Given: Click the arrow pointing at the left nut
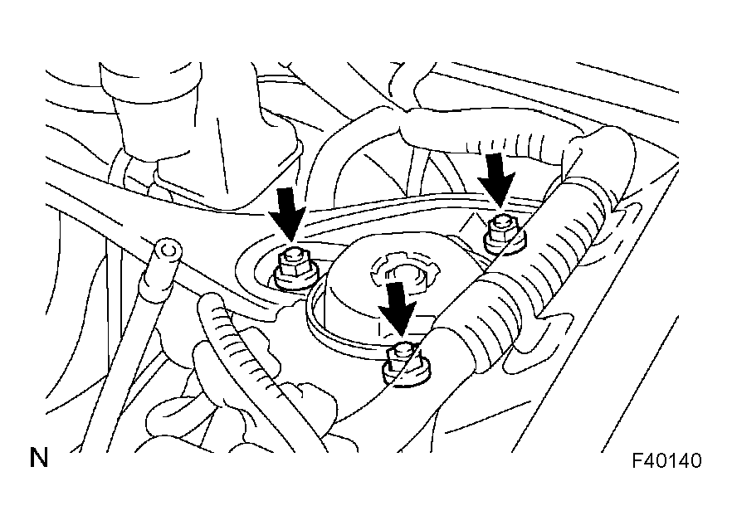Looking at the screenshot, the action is [287, 215].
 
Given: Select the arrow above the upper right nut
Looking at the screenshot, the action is [498, 179].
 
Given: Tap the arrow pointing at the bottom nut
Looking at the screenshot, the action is [397, 309].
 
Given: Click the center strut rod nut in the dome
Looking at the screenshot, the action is [404, 275].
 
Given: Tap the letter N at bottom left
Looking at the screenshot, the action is [39, 458].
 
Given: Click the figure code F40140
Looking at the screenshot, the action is [666, 460].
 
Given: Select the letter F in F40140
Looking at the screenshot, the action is [637, 460].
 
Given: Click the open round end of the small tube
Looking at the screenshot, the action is [168, 251].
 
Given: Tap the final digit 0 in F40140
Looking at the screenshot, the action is [695, 460].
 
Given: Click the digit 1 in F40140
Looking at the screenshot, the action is [672, 460].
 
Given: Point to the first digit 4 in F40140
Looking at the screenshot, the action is [649, 460].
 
